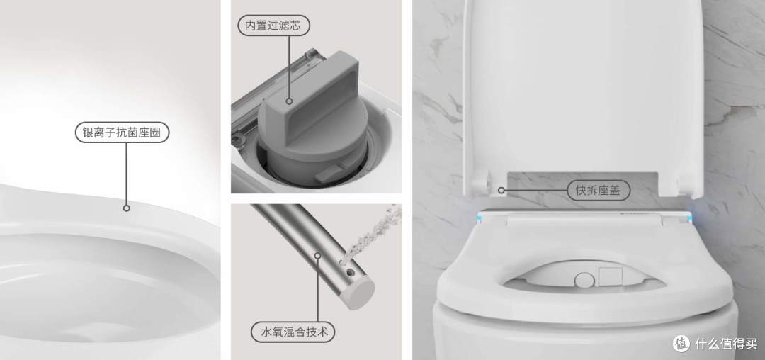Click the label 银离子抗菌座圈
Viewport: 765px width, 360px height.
(x=122, y=133)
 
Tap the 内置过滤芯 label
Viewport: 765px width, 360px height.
(x=273, y=26)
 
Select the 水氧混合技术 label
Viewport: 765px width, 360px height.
(x=293, y=332)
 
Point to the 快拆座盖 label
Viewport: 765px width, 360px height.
(x=599, y=190)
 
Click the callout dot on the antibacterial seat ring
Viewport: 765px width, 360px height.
(x=126, y=208)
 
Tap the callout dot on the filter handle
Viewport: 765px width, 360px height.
(x=289, y=101)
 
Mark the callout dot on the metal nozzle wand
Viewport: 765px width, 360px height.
(x=317, y=255)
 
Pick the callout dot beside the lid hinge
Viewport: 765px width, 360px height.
(x=501, y=190)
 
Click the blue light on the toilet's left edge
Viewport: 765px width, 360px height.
(x=480, y=218)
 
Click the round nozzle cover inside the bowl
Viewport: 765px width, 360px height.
(x=584, y=280)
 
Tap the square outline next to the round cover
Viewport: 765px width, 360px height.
(x=611, y=276)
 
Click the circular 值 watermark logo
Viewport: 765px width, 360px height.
(x=681, y=344)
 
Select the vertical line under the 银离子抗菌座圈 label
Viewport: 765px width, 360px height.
(x=126, y=174)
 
